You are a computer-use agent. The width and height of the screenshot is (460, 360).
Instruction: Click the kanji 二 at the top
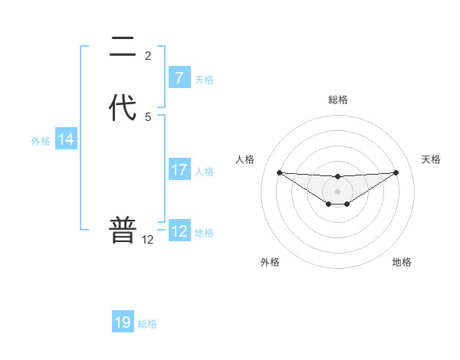pyautogui.click(x=123, y=48)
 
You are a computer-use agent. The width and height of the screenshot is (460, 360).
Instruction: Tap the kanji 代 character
pyautogui.click(x=123, y=107)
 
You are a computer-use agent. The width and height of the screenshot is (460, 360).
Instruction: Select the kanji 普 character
pyautogui.click(x=123, y=230)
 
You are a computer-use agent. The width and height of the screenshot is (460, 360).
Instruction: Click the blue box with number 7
pyautogui.click(x=179, y=77)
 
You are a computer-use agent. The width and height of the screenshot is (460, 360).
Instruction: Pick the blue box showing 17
pyautogui.click(x=179, y=170)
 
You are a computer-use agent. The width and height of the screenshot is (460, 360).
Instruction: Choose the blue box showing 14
pyautogui.click(x=66, y=139)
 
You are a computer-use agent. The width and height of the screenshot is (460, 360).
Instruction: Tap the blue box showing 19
pyautogui.click(x=123, y=322)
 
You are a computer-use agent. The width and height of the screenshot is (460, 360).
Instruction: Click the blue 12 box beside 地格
pyautogui.click(x=179, y=231)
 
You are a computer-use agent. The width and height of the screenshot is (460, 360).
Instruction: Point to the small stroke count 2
pyautogui.click(x=148, y=56)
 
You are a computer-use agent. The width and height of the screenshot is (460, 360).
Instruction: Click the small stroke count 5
pyautogui.click(x=148, y=117)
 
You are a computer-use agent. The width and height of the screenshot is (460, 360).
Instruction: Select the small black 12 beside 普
pyautogui.click(x=148, y=240)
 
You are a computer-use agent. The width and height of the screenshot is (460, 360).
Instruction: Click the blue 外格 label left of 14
pyautogui.click(x=41, y=141)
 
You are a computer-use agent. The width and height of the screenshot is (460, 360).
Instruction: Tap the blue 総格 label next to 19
pyautogui.click(x=147, y=324)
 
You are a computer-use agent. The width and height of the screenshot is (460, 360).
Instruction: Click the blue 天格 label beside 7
pyautogui.click(x=204, y=79)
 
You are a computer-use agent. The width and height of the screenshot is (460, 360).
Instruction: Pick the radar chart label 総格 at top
pyautogui.click(x=338, y=100)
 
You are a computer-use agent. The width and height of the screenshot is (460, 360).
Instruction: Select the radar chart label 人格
pyautogui.click(x=245, y=159)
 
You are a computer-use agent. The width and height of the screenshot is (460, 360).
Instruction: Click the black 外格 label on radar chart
pyautogui.click(x=270, y=263)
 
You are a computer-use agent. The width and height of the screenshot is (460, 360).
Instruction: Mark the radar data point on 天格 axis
pyautogui.click(x=396, y=172)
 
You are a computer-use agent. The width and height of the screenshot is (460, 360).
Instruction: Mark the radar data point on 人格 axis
pyautogui.click(x=279, y=172)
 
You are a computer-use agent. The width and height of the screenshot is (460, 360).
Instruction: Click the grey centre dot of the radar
pyautogui.click(x=337, y=191)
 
